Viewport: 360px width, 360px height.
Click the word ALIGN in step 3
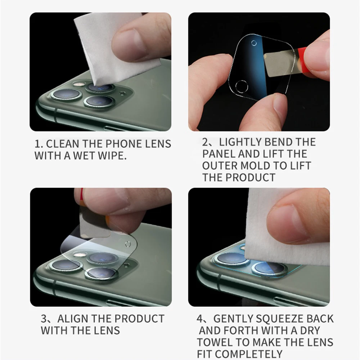click(73, 319)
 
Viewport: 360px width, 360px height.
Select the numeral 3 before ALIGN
click(44, 319)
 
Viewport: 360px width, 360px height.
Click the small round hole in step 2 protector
click(254, 43)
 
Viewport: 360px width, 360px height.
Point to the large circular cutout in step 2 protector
click(242, 86)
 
